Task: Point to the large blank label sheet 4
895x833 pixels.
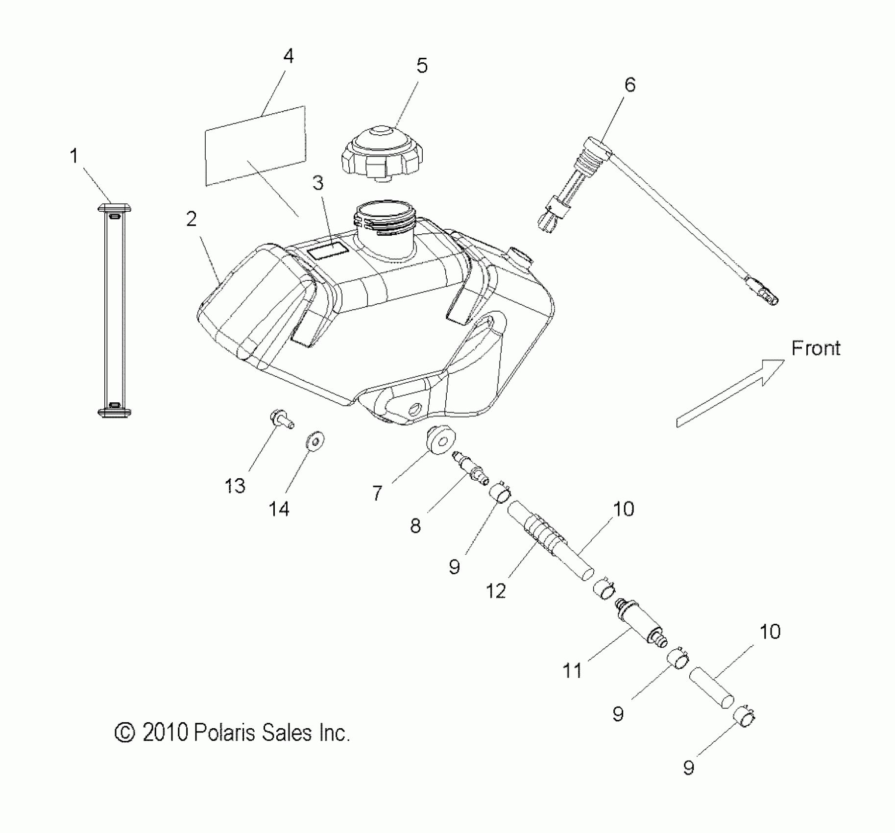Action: point(255,146)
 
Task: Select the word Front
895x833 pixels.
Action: point(816,348)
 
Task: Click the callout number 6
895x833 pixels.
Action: point(629,85)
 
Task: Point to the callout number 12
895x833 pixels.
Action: point(496,591)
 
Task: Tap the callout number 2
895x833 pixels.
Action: point(192,219)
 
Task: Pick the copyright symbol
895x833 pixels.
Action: point(125,733)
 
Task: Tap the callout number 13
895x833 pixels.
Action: point(235,486)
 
